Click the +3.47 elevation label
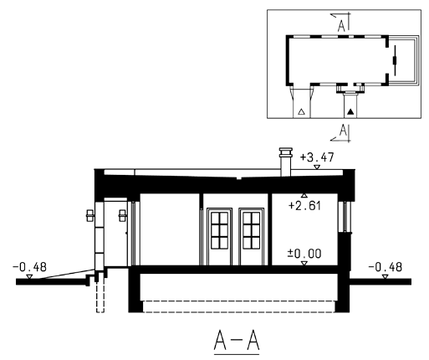(317, 157)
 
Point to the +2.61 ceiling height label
(304, 206)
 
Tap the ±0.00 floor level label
(304, 254)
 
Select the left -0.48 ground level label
(29, 267)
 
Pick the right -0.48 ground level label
(385, 267)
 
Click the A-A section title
(237, 341)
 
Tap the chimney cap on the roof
(286, 152)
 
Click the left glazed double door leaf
(219, 236)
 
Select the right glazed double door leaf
(251, 236)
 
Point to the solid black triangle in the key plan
(350, 112)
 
